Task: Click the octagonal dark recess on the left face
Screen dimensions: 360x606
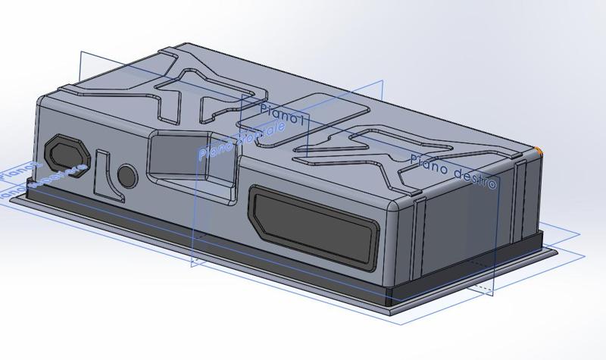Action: click(65, 152)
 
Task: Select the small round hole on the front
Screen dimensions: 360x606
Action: click(127, 177)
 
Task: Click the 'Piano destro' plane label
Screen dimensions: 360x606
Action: click(454, 171)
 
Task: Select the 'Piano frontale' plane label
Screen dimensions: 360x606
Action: click(242, 139)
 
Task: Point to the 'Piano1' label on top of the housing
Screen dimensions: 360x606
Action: click(281, 114)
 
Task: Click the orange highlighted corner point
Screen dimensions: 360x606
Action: click(539, 152)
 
